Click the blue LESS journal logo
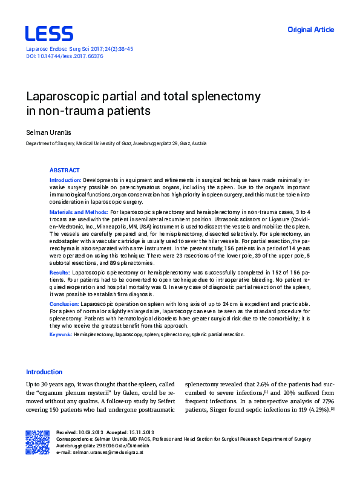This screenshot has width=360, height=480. (x=49, y=33)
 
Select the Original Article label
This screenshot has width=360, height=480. (x=310, y=30)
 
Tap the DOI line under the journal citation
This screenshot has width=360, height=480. (x=64, y=56)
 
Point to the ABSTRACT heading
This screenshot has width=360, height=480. (x=64, y=170)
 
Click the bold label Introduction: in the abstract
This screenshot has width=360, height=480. (x=65, y=180)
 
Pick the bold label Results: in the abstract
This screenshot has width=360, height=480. (x=59, y=273)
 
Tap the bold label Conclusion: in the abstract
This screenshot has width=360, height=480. (x=64, y=303)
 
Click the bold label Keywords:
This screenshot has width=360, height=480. (x=61, y=334)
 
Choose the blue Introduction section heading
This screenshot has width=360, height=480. (x=44, y=372)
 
